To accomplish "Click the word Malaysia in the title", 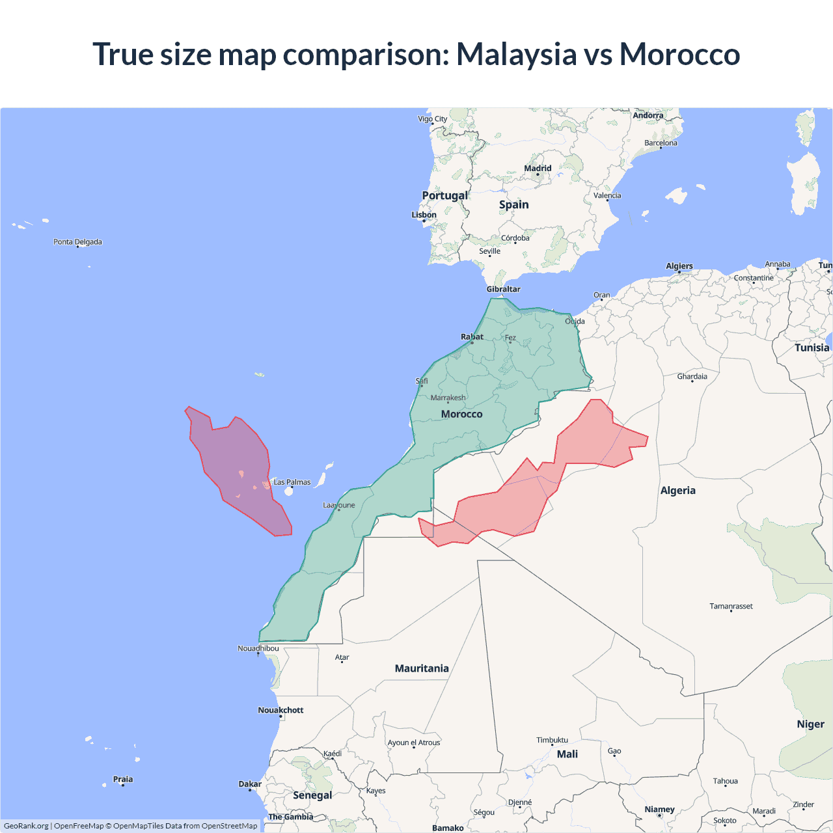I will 516,55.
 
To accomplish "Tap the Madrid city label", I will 538,169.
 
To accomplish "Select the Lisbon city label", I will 424,215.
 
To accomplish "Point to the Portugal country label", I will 444,195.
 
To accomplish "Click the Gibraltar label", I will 503,289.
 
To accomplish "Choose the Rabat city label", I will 472,336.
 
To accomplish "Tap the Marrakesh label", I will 448,398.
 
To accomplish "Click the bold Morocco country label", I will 461,414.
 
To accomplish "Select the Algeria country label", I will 677,491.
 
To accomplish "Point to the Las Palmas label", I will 292,482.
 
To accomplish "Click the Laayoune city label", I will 339,505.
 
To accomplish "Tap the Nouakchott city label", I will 280,710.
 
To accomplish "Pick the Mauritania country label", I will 422,668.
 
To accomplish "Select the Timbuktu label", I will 552,740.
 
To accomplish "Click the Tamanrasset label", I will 731,606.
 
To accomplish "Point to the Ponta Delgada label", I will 77,242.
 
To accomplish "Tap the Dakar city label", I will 250,784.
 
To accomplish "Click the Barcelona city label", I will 661,143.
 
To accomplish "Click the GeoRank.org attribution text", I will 26,826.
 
